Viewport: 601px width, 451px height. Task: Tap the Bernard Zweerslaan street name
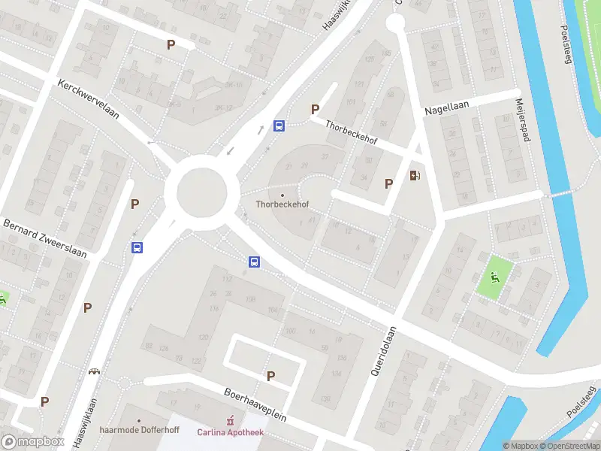tap(44, 238)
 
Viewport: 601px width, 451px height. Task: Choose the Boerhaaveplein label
tap(256, 404)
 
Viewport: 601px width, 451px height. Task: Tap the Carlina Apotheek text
tap(231, 432)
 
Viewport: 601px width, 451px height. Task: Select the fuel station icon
tap(415, 176)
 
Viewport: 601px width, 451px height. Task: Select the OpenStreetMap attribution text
tap(571, 446)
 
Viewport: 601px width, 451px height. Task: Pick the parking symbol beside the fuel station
tap(388, 183)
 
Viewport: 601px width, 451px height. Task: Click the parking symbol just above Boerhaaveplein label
tap(270, 376)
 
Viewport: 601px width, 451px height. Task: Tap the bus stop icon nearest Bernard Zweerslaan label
tap(137, 247)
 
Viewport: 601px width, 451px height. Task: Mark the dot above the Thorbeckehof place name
tap(282, 195)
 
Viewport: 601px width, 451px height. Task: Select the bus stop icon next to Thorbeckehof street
tap(279, 126)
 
